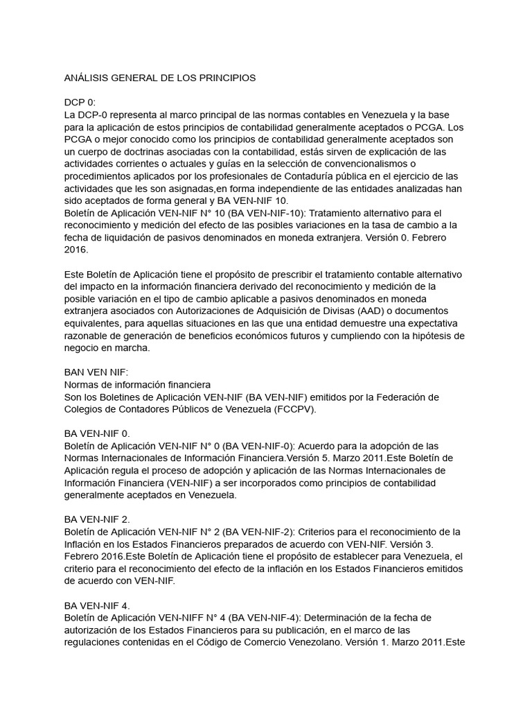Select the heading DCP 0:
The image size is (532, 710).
(x=80, y=102)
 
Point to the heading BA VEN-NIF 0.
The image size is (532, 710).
(x=96, y=433)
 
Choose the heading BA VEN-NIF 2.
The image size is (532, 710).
(x=96, y=519)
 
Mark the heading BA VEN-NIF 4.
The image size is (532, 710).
(x=96, y=605)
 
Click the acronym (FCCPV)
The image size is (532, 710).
(x=293, y=409)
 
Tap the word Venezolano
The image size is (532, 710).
(x=353, y=641)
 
